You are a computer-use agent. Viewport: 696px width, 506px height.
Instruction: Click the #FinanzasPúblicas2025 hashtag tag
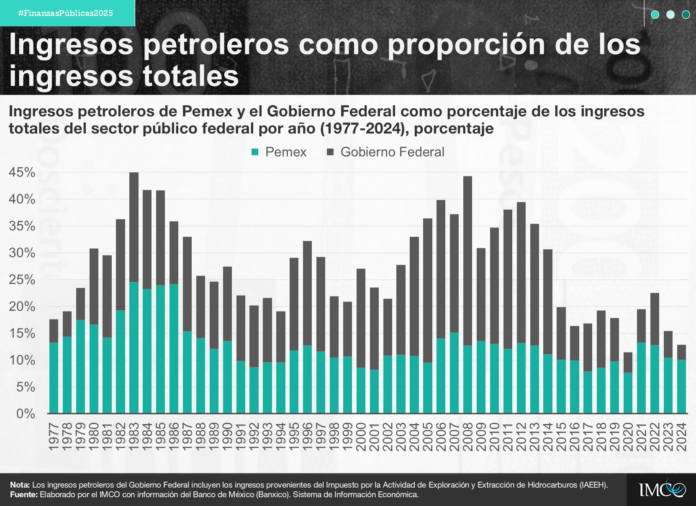coord(66,13)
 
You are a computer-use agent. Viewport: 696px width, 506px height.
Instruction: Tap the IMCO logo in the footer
coord(662,489)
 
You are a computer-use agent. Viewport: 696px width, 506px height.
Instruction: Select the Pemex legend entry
coord(279,152)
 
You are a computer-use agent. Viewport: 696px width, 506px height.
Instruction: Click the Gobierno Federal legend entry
coord(385,152)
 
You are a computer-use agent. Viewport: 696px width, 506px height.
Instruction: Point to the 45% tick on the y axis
coord(22,172)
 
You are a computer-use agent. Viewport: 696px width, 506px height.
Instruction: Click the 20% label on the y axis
coord(22,307)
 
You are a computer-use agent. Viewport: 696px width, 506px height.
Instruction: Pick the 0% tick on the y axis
coord(26,414)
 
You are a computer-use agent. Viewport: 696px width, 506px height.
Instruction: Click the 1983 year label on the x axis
coord(134,437)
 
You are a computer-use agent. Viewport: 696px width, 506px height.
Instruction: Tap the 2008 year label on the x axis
coord(468,437)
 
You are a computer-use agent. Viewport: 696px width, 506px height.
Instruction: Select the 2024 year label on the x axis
coord(682,437)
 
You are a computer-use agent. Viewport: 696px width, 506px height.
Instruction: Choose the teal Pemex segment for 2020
coord(628,393)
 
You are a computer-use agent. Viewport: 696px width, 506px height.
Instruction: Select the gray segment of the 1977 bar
coord(54,331)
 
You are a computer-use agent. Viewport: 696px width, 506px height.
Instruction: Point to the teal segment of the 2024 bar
coord(682,386)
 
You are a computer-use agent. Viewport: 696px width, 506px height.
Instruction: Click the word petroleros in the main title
coord(216,44)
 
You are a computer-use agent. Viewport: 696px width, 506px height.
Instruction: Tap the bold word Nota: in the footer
coord(20,485)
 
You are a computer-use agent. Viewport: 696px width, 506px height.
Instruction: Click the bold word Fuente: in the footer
coord(24,495)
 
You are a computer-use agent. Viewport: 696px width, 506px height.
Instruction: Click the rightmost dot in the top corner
coord(686,15)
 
